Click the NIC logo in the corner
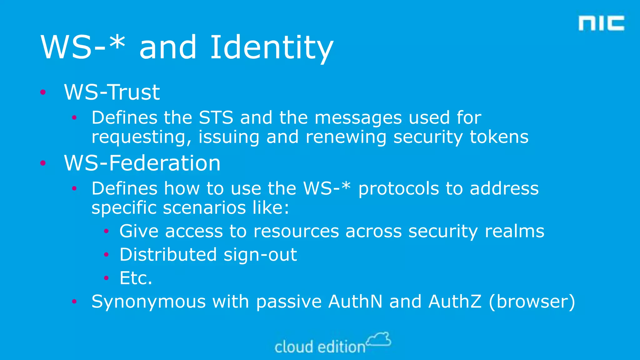pyautogui.click(x=601, y=23)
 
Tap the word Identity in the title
pyautogui.click(x=272, y=47)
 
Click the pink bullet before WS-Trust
pyautogui.click(x=43, y=92)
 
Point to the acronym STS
pyautogui.click(x=216, y=118)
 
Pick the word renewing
pyautogui.click(x=346, y=137)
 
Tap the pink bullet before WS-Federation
pyautogui.click(x=43, y=163)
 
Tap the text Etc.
pyautogui.click(x=136, y=278)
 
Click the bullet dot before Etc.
pyautogui.click(x=106, y=278)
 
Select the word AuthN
pyautogui.click(x=355, y=302)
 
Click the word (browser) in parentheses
pyautogui.click(x=532, y=302)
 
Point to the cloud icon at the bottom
pyautogui.click(x=378, y=339)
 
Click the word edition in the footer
pyautogui.click(x=341, y=347)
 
